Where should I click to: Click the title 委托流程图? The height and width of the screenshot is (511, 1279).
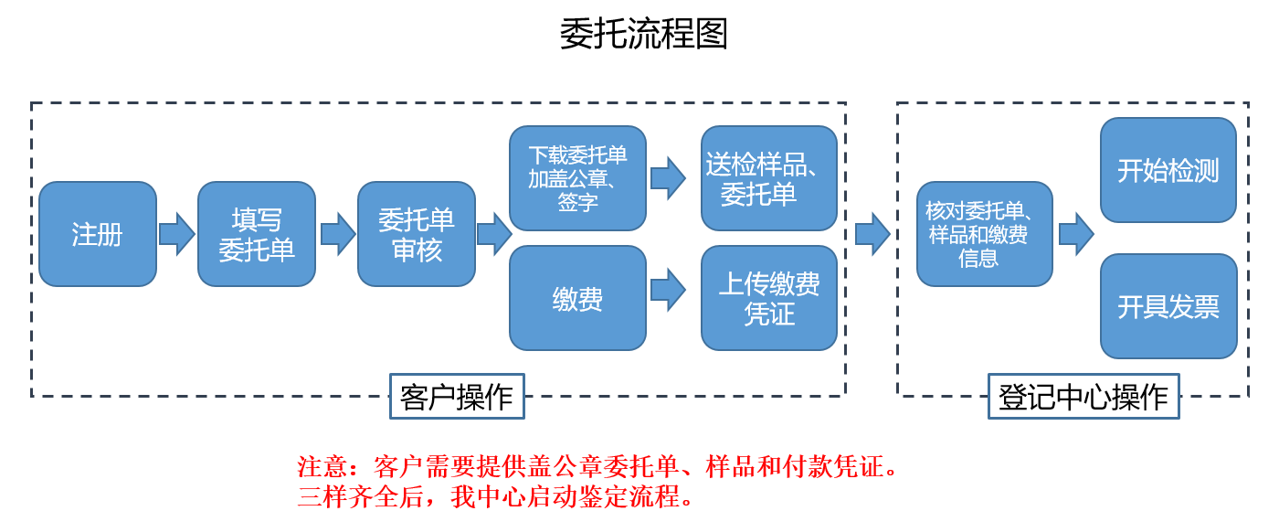pos(644,34)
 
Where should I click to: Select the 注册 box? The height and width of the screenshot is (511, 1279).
pos(98,234)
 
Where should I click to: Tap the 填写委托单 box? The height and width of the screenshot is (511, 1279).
pos(257,234)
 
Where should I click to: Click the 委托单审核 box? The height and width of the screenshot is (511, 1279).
pos(417,234)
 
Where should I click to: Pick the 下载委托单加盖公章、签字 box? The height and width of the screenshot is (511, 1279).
pos(577,178)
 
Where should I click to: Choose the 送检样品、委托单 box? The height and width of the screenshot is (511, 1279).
pos(769,178)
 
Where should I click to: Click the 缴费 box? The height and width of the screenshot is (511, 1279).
pos(577,298)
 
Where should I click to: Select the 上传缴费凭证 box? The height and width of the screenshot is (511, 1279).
pos(769,298)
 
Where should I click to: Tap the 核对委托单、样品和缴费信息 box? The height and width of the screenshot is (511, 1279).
pos(985,234)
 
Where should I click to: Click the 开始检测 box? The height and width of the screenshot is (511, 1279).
pos(1168,170)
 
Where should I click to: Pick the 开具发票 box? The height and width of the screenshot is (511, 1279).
pos(1168,306)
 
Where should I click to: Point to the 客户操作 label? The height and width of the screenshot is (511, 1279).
pos(457,396)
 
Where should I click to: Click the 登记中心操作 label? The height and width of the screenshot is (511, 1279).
pos(1083,396)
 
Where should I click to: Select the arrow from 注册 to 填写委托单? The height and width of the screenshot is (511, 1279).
pos(177,234)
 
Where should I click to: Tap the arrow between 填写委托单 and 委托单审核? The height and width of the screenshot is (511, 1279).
pos(337,234)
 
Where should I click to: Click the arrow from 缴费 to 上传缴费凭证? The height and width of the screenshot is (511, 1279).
pos(668,290)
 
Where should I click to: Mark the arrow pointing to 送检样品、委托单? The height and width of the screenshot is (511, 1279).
pos(668,177)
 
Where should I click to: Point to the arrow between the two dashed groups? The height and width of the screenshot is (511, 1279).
pos(872,234)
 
